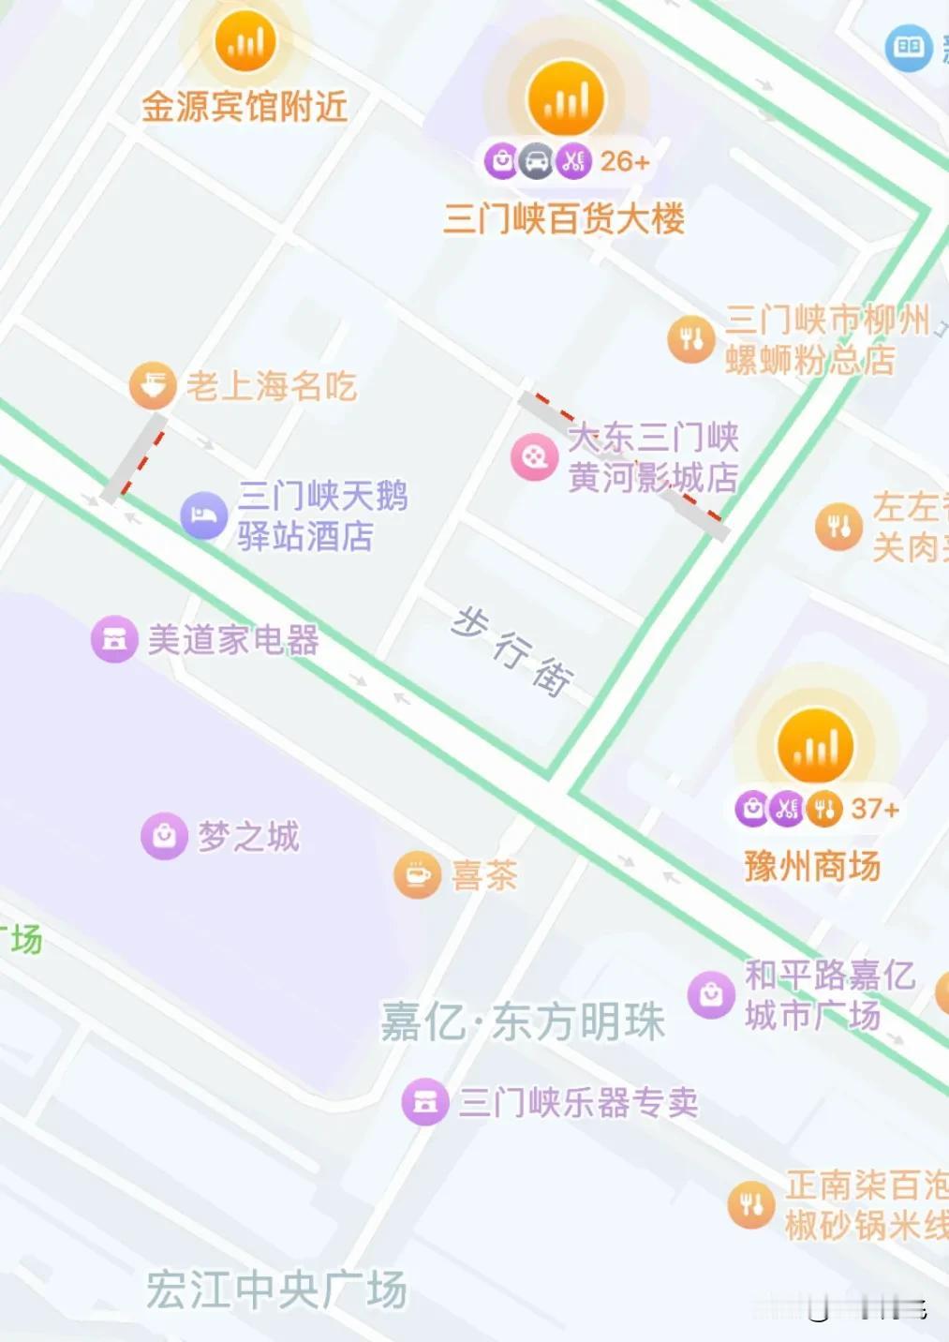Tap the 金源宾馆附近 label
point(245,107)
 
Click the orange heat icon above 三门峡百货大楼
point(565,98)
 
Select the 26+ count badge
point(624,161)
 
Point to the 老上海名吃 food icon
point(153,385)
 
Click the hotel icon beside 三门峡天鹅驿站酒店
point(203,515)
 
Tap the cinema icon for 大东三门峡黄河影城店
point(534,457)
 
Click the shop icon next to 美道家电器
point(114,639)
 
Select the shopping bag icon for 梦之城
point(164,835)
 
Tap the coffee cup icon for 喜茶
point(417,875)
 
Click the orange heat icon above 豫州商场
point(815,746)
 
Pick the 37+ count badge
point(874,808)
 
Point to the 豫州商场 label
point(812,866)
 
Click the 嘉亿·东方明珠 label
point(523,1021)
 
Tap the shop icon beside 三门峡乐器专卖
point(425,1101)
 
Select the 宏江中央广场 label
point(276,1290)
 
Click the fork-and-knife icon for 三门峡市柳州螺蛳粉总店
point(691,339)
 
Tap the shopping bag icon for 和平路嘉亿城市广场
point(711,993)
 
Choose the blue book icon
point(908,46)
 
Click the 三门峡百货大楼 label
point(564,219)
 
